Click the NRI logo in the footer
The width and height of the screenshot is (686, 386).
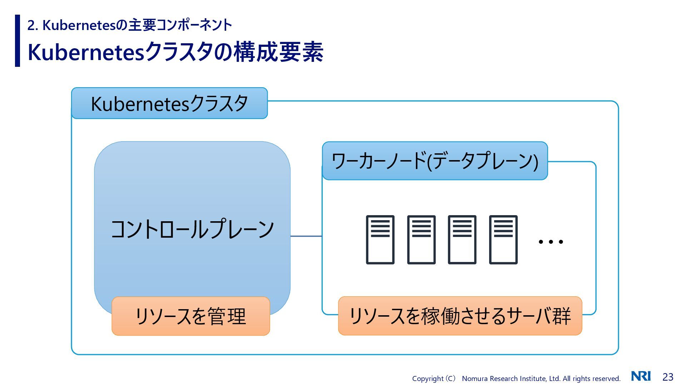coord(641,376)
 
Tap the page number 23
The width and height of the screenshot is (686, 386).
coord(668,377)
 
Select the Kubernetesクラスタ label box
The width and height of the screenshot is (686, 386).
coord(169,103)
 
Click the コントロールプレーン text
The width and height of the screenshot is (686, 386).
coord(192,229)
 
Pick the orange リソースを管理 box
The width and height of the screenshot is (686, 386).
coord(191,316)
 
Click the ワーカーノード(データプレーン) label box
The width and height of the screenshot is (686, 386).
coord(435,161)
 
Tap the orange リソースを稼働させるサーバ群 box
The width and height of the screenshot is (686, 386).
coord(460,316)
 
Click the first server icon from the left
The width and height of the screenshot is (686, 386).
coord(380,239)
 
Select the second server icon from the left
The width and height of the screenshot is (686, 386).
coord(421,239)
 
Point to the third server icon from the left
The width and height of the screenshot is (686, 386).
coord(462,239)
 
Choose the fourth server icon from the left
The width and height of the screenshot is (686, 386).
coord(503,239)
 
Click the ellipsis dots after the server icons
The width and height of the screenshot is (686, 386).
coord(551,242)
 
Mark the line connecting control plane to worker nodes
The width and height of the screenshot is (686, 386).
coord(306,236)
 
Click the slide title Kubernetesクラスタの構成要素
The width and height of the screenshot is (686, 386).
coord(175,52)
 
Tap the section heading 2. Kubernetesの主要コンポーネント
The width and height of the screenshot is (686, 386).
coord(130,25)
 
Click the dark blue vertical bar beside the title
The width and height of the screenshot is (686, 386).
coord(18,40)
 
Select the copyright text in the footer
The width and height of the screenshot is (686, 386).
coord(516,378)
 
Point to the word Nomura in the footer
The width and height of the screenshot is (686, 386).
coord(474,378)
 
